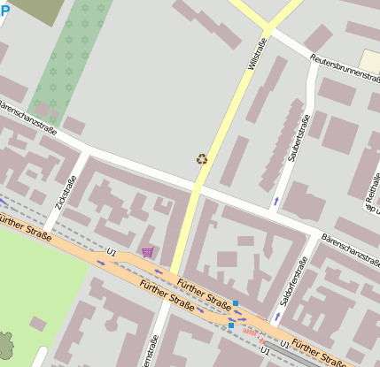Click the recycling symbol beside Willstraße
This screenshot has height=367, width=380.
click(x=202, y=159)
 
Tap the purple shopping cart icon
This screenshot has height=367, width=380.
click(x=147, y=252)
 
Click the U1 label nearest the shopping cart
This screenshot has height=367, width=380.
click(x=112, y=253)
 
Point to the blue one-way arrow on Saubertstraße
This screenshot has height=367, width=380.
click(x=276, y=202)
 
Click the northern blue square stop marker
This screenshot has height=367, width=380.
click(x=236, y=303)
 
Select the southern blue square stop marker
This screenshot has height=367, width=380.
click(x=231, y=325)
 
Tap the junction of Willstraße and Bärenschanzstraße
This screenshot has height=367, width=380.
click(x=198, y=187)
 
